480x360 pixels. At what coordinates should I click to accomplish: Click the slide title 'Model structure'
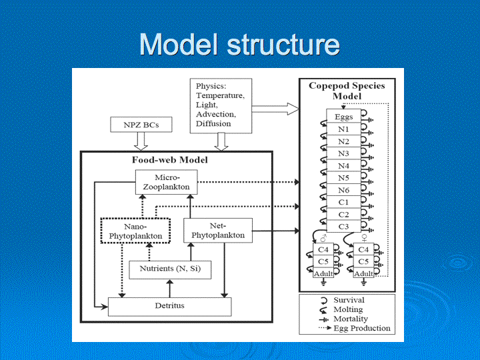240,45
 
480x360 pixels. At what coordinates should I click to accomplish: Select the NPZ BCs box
141,125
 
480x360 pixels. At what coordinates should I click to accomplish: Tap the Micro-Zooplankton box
166,182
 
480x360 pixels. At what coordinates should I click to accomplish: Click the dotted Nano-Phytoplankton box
135,231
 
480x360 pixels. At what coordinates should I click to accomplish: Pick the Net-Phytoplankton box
218,231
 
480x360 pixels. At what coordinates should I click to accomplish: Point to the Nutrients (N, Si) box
170,270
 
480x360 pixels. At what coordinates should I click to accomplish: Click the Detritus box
169,307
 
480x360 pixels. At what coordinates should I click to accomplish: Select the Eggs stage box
343,116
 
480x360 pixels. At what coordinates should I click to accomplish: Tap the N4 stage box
343,165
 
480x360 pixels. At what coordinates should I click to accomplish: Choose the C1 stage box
343,202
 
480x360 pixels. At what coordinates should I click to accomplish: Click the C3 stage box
343,226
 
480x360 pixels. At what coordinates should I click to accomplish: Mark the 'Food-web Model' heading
170,160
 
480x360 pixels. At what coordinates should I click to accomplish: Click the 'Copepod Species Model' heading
347,91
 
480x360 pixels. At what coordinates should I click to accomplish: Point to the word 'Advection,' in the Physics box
216,114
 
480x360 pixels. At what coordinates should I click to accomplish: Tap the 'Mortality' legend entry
351,319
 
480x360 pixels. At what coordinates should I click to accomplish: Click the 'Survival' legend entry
349,300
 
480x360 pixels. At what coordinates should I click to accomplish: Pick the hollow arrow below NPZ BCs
141,141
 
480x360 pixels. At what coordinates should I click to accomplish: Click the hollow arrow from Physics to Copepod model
275,109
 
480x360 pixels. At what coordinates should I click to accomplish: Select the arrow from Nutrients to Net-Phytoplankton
191,251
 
